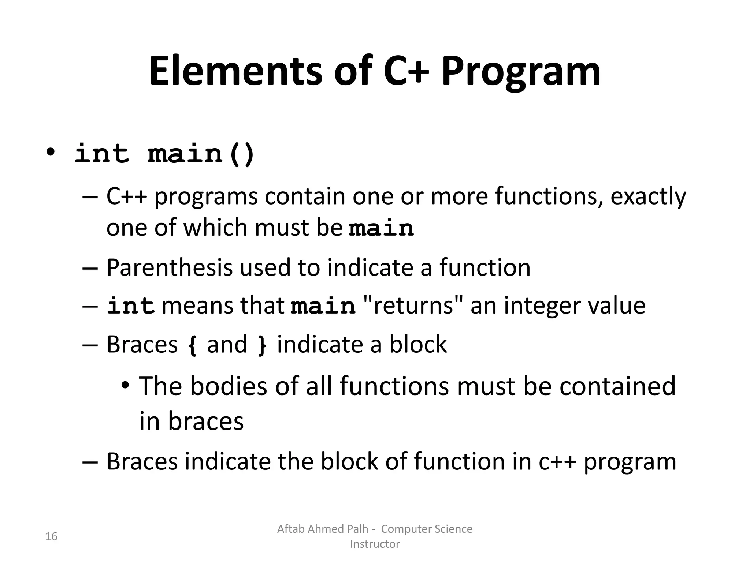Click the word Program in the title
(x=521, y=72)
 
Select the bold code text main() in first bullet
(x=201, y=154)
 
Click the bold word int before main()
(x=102, y=154)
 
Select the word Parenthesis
(x=169, y=267)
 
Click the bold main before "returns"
(x=323, y=306)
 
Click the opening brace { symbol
(x=192, y=345)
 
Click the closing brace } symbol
(x=262, y=345)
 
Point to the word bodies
(x=229, y=386)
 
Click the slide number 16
(x=51, y=537)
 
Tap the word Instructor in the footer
(x=375, y=544)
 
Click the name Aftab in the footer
(x=290, y=529)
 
